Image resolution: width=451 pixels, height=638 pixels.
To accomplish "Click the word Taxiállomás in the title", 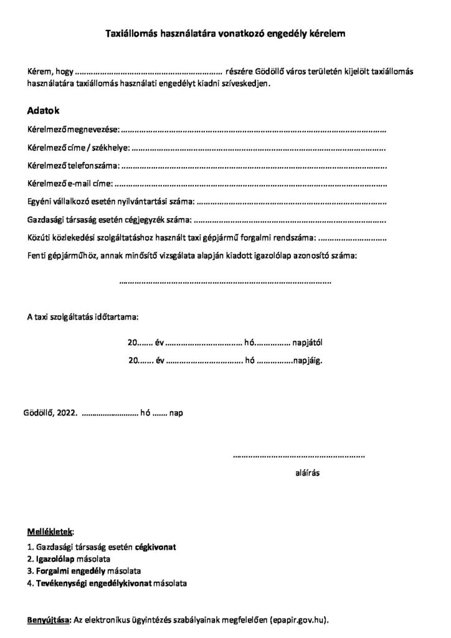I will pyautogui.click(x=129, y=37).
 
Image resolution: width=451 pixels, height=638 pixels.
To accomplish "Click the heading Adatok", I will pyautogui.click(x=43, y=111).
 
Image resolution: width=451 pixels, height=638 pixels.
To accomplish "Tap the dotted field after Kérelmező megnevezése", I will pyautogui.click(x=253, y=131).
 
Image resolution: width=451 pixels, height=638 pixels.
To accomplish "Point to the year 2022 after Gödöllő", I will pyautogui.click(x=67, y=412).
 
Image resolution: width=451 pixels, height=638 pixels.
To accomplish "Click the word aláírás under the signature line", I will pyautogui.click(x=307, y=473).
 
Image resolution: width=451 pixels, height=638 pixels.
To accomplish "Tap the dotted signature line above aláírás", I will pyautogui.click(x=298, y=457).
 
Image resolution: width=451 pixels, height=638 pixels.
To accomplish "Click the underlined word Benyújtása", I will pyautogui.click(x=49, y=621).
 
